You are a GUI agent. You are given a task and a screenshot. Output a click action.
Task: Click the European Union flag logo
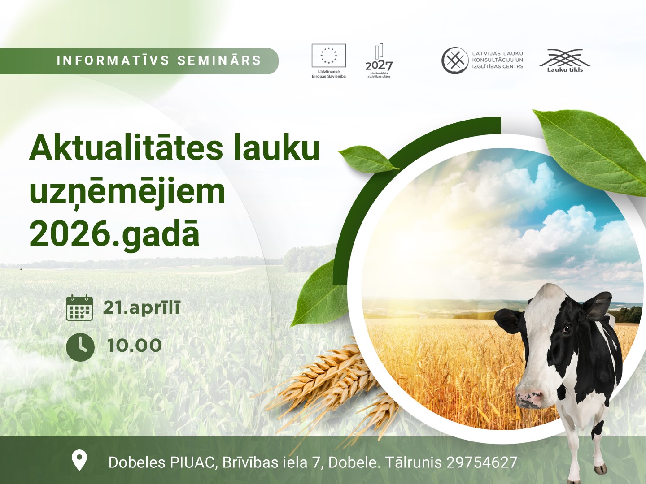[329, 56]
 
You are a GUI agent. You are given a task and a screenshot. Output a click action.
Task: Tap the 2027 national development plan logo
[379, 61]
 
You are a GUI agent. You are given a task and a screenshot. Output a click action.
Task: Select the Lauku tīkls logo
[565, 60]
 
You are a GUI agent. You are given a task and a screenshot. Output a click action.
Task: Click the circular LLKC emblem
[455, 60]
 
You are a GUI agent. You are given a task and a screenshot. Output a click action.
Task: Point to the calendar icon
[79, 307]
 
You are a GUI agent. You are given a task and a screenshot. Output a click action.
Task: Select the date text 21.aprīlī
[141, 308]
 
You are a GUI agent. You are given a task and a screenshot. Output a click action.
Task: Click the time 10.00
[135, 345]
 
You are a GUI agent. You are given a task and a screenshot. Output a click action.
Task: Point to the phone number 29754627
[482, 462]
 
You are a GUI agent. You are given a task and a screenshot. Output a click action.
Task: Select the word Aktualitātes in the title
[126, 149]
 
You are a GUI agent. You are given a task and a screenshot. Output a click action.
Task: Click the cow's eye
[567, 328]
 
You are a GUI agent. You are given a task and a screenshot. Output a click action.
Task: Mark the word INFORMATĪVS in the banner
[113, 60]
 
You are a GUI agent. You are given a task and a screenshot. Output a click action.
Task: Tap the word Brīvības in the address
[250, 462]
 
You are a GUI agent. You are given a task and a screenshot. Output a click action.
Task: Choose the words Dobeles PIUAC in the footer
[161, 462]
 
